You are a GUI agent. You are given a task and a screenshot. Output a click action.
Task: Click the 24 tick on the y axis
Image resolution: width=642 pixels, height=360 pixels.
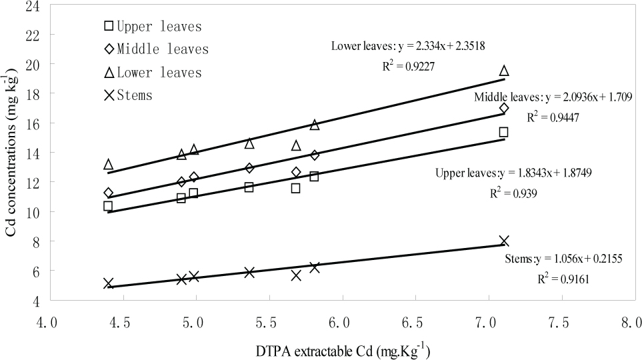click(x=31, y=6)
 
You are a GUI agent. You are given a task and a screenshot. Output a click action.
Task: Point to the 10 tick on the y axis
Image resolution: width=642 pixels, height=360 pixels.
click(x=31, y=212)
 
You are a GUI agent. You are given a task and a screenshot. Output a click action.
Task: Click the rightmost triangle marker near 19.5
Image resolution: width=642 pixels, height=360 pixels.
click(x=504, y=71)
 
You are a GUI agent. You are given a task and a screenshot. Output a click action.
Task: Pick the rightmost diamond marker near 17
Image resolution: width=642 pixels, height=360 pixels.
click(x=504, y=108)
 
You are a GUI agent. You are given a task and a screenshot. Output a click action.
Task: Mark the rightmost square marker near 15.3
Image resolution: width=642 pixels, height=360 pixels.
click(x=504, y=132)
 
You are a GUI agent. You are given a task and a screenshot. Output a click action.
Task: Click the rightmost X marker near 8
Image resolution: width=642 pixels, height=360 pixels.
click(x=504, y=241)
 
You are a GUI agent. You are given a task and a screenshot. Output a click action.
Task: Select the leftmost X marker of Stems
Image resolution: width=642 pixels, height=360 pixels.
click(x=109, y=283)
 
